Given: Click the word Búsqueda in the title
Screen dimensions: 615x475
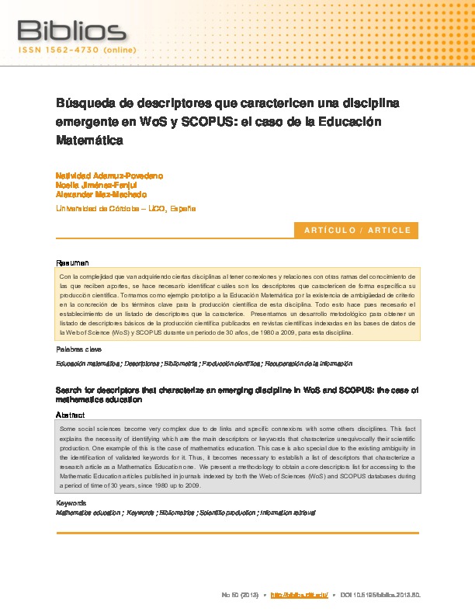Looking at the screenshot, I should [85, 103].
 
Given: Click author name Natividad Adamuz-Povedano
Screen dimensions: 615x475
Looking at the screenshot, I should [109, 176].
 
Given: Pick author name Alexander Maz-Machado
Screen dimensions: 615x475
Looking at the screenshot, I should [101, 195].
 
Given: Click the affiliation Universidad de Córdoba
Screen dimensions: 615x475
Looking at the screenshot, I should [97, 209].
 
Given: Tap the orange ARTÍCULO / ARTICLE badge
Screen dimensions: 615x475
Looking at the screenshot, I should [357, 231].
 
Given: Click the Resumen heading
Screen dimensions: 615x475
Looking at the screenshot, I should [73, 262].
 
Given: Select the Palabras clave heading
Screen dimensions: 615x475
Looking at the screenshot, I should [78, 350].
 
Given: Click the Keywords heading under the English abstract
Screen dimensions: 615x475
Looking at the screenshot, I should [72, 503].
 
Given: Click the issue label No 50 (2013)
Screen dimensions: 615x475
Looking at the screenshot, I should [240, 595].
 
